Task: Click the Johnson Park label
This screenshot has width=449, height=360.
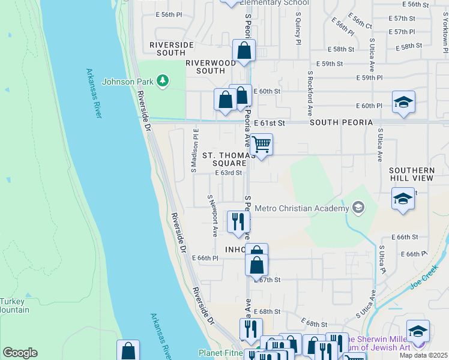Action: [128, 82]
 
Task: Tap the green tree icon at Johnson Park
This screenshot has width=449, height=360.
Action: [161, 80]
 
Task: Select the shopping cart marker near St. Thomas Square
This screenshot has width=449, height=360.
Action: [261, 145]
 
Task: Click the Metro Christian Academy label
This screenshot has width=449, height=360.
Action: [301, 208]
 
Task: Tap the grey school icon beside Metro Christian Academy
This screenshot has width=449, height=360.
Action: [358, 208]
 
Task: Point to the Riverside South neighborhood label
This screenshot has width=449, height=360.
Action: [172, 49]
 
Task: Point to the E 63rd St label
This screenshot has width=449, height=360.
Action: [229, 173]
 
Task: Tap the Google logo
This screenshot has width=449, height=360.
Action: [20, 353]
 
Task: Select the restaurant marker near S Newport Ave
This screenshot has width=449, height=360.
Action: [238, 221]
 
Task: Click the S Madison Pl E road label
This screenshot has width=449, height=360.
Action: [194, 150]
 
